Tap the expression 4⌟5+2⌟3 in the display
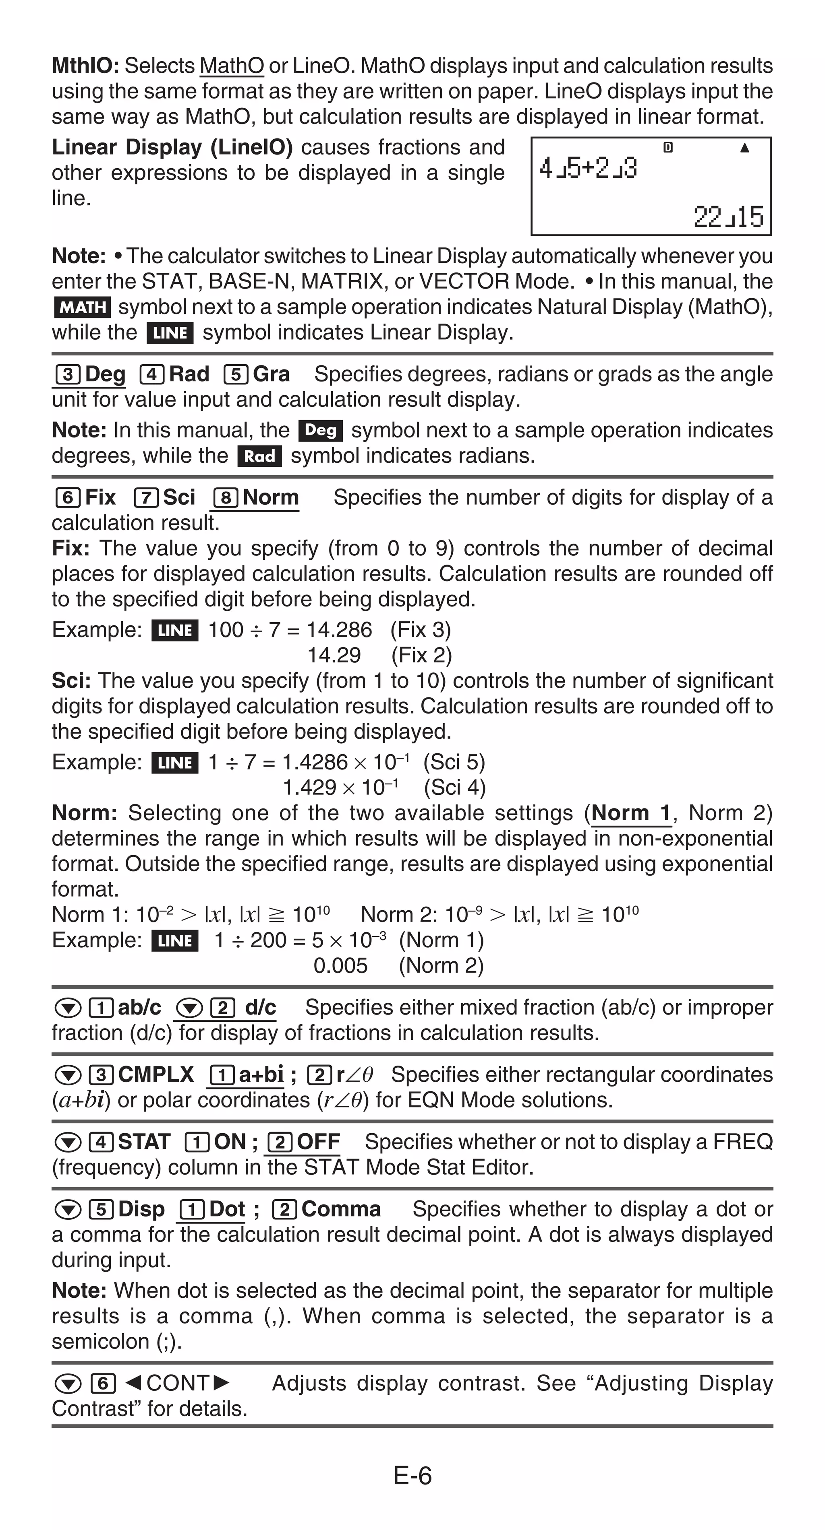[x=588, y=169]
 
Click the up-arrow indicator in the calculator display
[x=744, y=148]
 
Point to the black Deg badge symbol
[x=320, y=431]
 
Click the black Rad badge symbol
[x=259, y=456]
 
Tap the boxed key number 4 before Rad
[x=151, y=375]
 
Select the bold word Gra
[x=271, y=374]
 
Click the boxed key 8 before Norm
[x=226, y=498]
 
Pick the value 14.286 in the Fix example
[x=339, y=629]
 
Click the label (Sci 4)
[x=455, y=788]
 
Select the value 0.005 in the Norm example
[x=340, y=966]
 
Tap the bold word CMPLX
[x=156, y=1074]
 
